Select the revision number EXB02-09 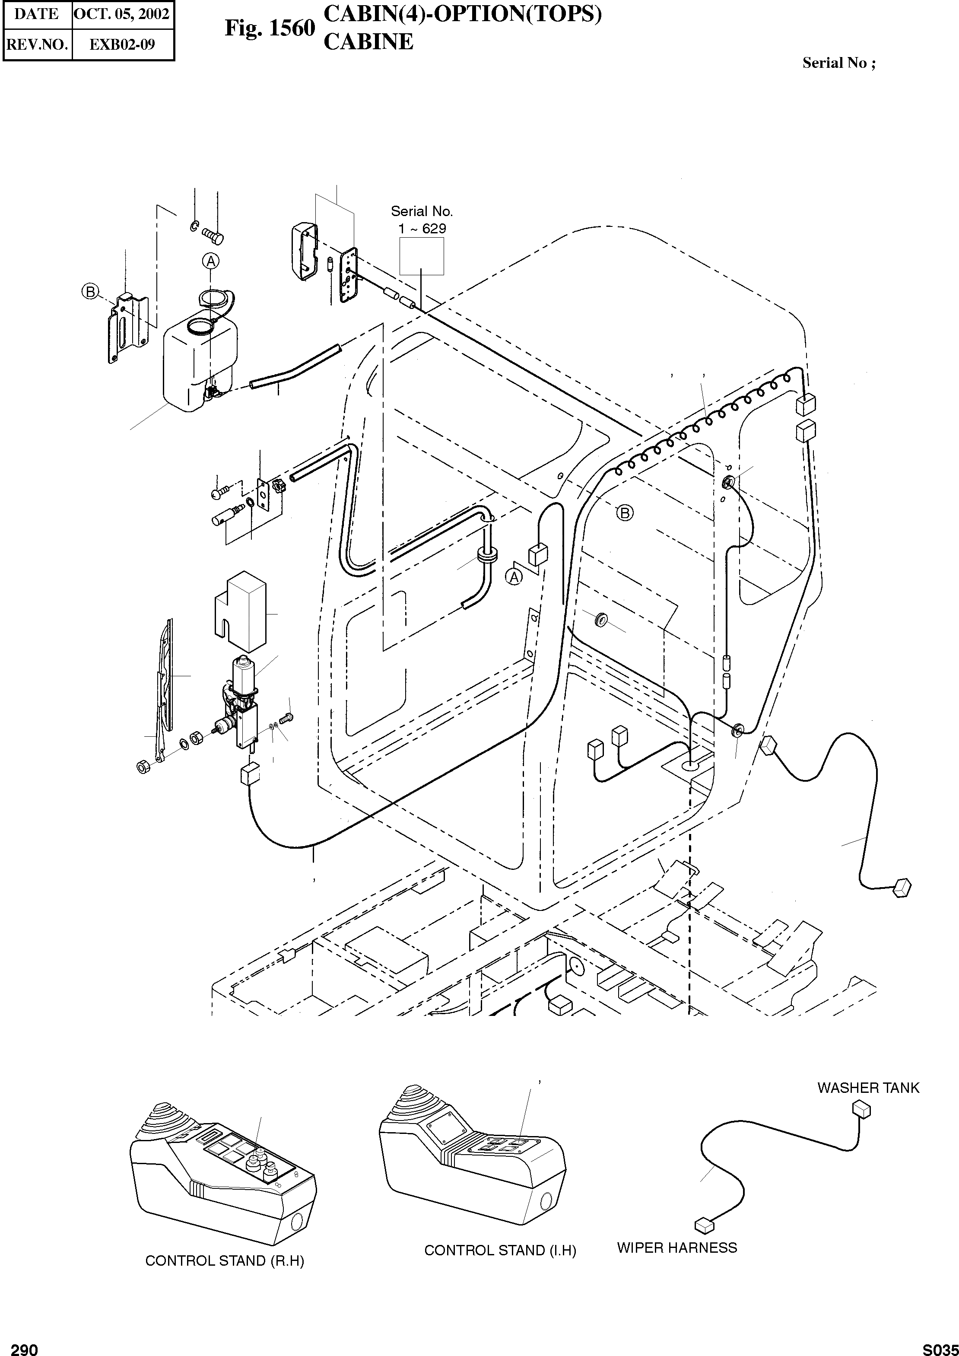(x=122, y=45)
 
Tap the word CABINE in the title (x=368, y=41)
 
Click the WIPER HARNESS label (x=677, y=1248)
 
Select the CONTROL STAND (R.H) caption (x=224, y=1261)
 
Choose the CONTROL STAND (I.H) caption (x=499, y=1250)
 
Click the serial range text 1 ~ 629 (x=422, y=228)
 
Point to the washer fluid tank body (x=198, y=366)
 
